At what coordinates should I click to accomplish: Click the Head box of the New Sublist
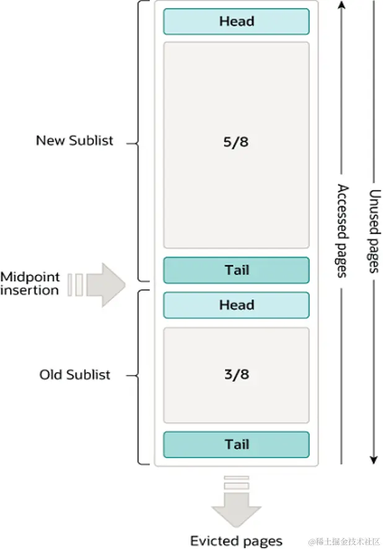(236, 22)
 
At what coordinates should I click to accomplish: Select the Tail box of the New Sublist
(236, 270)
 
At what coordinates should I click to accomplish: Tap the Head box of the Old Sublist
(236, 305)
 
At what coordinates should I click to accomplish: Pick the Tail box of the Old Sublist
(236, 444)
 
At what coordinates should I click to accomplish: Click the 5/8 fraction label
(236, 142)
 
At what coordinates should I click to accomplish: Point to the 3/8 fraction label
(236, 374)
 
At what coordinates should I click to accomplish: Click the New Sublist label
(74, 140)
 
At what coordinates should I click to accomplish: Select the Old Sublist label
(75, 374)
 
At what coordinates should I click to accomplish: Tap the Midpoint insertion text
(30, 283)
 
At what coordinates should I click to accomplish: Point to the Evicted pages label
(236, 540)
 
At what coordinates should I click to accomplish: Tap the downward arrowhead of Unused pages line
(374, 459)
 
